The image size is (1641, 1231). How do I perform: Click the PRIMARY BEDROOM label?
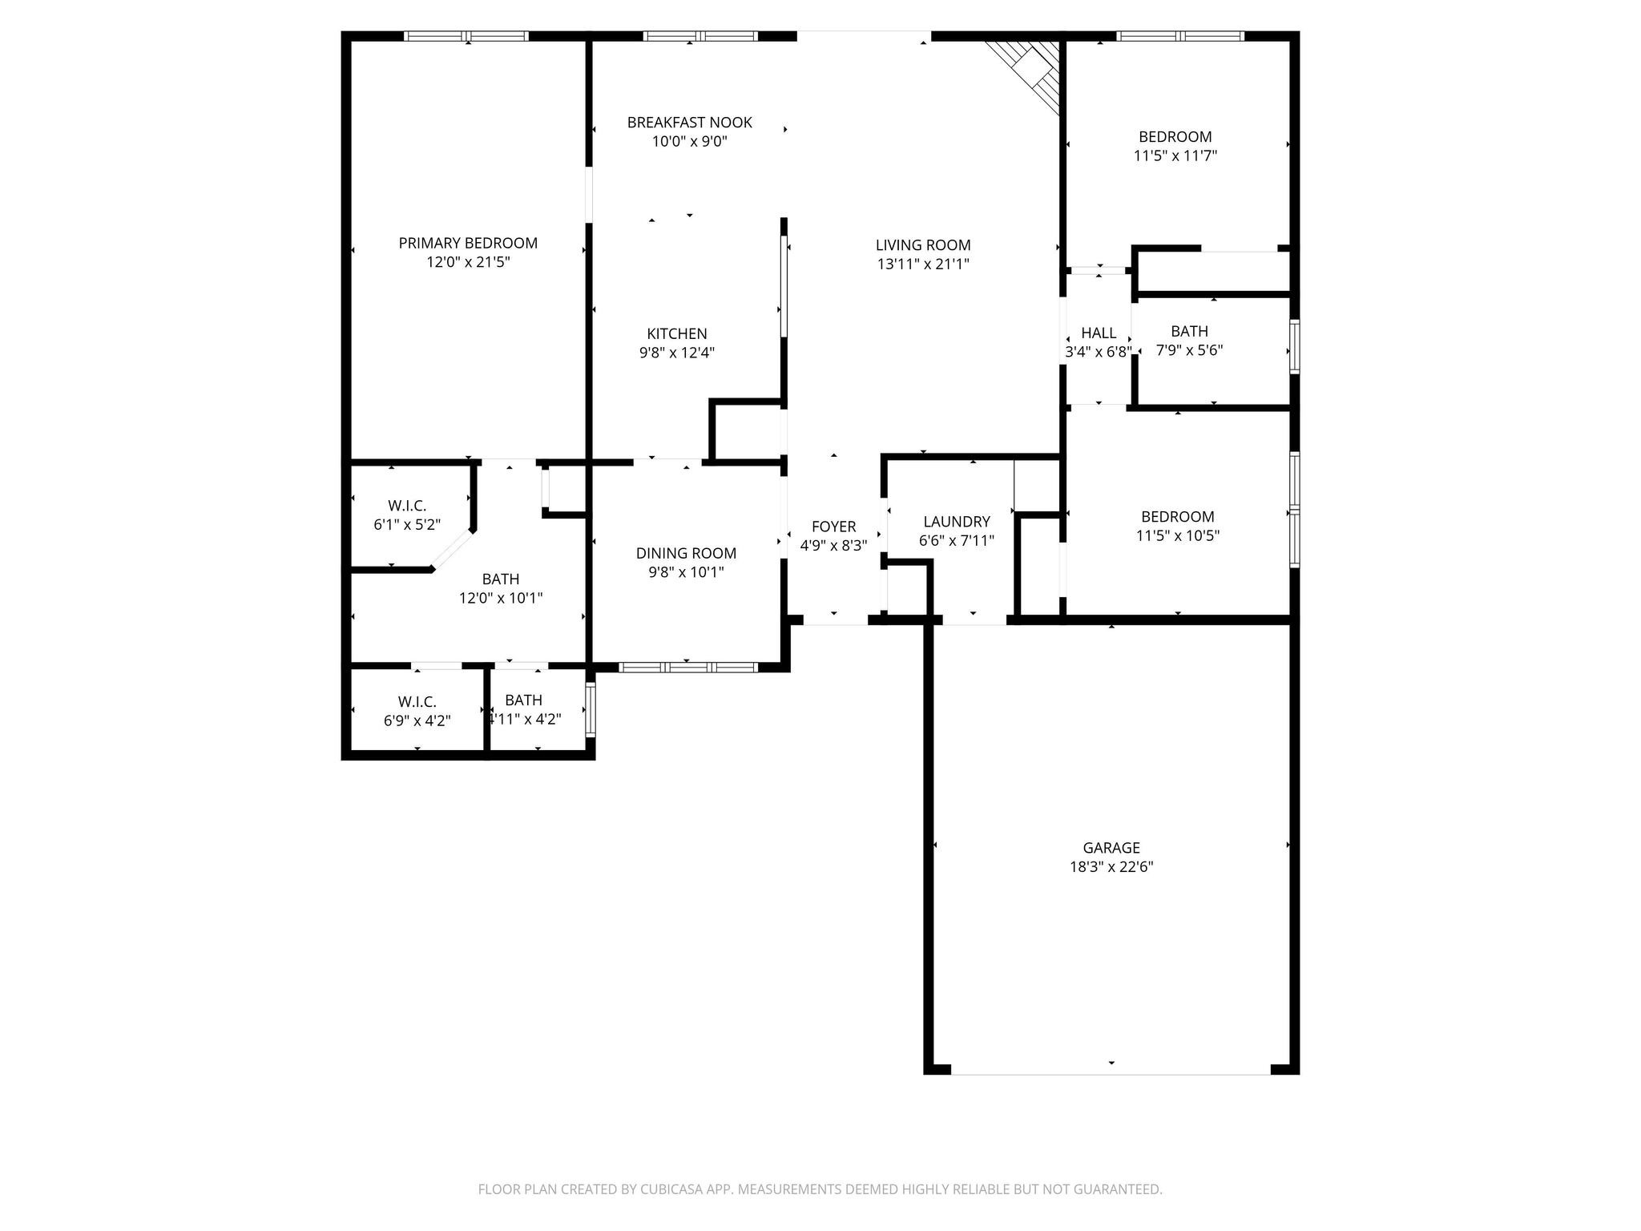point(468,243)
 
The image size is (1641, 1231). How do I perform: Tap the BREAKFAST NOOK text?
point(689,123)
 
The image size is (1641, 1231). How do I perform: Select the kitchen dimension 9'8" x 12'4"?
point(676,353)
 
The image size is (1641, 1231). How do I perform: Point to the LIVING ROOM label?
point(922,245)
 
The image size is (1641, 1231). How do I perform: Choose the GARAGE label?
point(1111,847)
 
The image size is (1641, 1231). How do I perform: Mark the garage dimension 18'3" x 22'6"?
point(1111,866)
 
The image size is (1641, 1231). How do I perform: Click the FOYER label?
point(833,527)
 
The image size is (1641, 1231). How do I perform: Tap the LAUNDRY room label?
point(956,522)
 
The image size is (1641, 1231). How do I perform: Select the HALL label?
point(1098,333)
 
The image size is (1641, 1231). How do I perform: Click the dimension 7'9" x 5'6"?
point(1189,350)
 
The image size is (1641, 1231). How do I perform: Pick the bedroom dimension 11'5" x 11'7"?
point(1175,155)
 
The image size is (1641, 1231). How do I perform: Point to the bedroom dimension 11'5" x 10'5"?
point(1177,535)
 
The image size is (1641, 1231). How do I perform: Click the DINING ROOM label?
point(686,553)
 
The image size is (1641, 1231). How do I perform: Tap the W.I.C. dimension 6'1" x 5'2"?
point(407,525)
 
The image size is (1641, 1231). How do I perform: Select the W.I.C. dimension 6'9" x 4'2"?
point(417,720)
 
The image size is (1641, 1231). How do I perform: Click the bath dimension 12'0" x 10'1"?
point(500,598)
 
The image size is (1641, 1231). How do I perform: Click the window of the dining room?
point(688,667)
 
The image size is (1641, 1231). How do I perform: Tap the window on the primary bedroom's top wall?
point(466,36)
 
